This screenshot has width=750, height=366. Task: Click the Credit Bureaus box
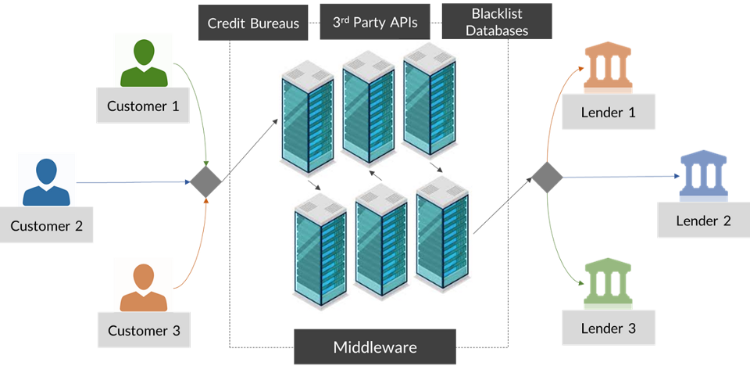(x=253, y=23)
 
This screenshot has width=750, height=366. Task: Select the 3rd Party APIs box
(x=376, y=23)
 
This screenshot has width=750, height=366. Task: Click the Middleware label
(x=375, y=347)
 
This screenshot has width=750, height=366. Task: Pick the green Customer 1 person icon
(x=145, y=63)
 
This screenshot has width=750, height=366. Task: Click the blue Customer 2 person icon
(x=46, y=182)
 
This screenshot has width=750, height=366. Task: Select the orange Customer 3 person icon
(x=144, y=287)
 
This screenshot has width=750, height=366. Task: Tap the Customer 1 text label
(x=143, y=106)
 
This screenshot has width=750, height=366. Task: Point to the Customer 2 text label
(x=46, y=226)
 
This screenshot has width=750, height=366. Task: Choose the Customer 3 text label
(x=144, y=330)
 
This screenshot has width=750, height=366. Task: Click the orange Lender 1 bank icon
(x=608, y=70)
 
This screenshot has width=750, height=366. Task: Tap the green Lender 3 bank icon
(x=608, y=286)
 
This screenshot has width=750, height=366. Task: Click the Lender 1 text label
(x=608, y=112)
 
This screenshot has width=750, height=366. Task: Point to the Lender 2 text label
(x=703, y=220)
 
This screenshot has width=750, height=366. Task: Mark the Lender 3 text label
(x=608, y=328)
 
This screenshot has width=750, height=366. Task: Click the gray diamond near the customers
(x=206, y=182)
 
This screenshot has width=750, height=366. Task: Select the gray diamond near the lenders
(x=547, y=177)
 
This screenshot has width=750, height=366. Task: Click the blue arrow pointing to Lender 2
(x=625, y=177)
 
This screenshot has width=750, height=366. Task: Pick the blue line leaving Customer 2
(x=133, y=182)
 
